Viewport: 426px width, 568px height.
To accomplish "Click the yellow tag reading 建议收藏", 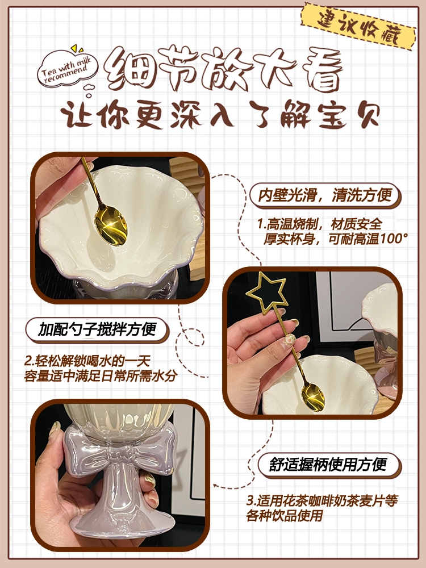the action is tap(358, 26).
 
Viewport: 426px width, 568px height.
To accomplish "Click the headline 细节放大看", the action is tap(223, 69).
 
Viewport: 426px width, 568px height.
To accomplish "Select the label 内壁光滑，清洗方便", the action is tap(325, 195).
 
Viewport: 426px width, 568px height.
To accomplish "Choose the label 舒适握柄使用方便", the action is tap(328, 465).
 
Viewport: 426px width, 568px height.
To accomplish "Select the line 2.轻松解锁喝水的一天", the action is tap(87, 361).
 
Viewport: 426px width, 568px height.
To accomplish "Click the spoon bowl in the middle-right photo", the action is tap(312, 396).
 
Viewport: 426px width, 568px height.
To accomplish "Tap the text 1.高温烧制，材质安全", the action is tap(319, 224).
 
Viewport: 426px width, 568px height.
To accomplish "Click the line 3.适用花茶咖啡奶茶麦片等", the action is tap(322, 500).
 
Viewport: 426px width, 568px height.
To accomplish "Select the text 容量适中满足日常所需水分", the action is tap(101, 375).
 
